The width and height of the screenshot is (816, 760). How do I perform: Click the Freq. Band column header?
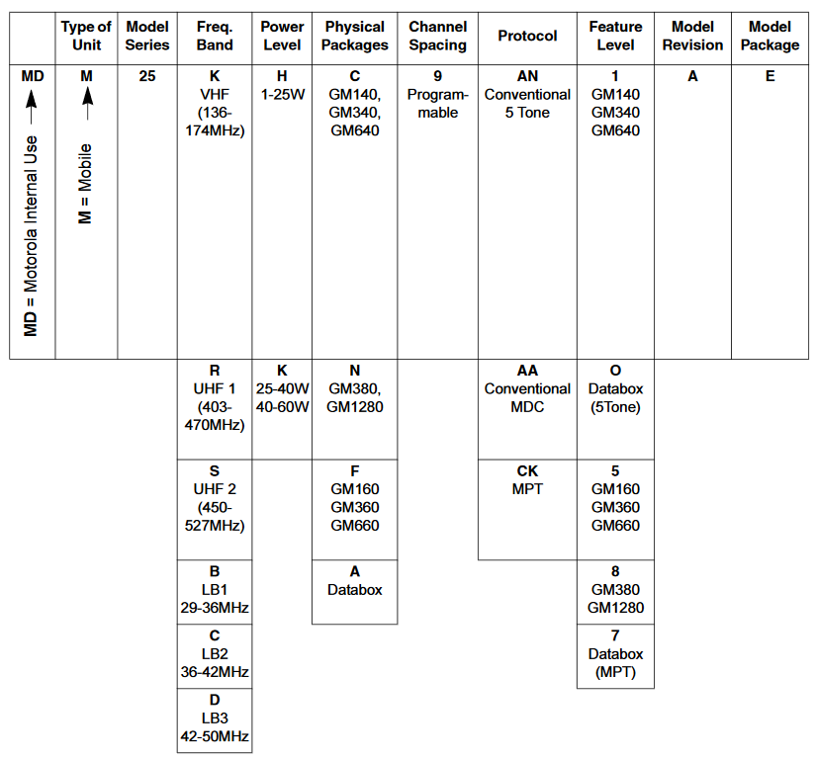click(x=215, y=36)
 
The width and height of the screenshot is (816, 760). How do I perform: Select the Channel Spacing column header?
click(x=437, y=36)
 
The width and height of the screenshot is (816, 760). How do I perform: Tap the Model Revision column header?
click(x=692, y=36)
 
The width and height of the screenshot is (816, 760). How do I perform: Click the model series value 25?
click(x=147, y=76)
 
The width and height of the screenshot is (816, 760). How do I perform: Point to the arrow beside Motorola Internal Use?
click(x=32, y=107)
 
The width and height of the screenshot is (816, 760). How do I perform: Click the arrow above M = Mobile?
click(x=87, y=103)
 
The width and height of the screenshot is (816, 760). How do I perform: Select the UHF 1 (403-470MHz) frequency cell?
click(x=215, y=409)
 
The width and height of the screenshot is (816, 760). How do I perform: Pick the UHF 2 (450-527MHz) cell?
click(x=215, y=509)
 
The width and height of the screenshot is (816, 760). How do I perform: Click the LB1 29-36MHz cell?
click(x=215, y=592)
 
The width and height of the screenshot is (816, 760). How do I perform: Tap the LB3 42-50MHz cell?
click(x=215, y=720)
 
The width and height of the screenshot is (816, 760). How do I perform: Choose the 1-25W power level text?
click(x=283, y=95)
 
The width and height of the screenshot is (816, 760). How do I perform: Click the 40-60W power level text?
click(x=283, y=407)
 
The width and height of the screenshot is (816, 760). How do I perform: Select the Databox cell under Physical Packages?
click(x=354, y=592)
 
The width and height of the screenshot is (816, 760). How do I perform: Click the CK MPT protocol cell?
click(x=527, y=509)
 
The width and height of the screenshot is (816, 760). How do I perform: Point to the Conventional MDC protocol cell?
click(x=527, y=409)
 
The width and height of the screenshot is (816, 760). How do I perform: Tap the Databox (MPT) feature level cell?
click(x=615, y=656)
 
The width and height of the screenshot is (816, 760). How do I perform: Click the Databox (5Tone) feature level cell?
click(x=615, y=409)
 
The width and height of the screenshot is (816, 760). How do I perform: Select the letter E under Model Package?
click(x=770, y=76)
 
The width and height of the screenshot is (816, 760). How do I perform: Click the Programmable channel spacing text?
click(x=437, y=104)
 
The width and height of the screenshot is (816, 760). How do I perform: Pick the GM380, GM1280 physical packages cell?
click(x=354, y=409)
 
